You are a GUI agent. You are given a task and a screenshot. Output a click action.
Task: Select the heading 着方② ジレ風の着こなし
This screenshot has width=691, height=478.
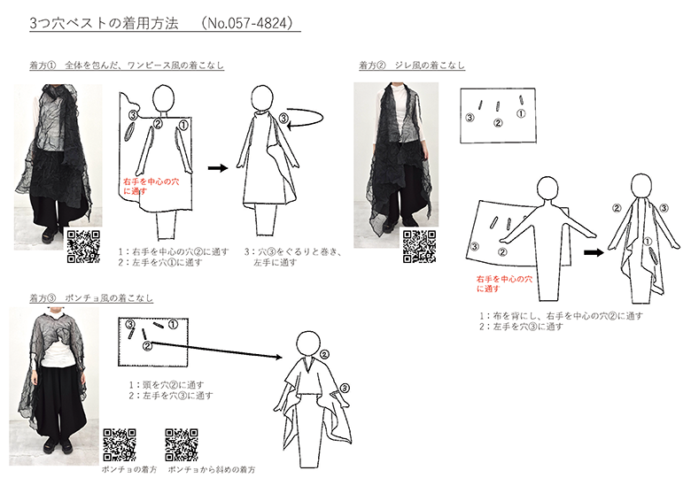pyautogui.click(x=412, y=66)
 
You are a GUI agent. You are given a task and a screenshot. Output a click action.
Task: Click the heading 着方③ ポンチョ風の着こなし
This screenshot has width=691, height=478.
pyautogui.click(x=91, y=298)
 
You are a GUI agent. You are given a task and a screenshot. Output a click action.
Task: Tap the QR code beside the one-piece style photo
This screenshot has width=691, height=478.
pyautogui.click(x=83, y=246)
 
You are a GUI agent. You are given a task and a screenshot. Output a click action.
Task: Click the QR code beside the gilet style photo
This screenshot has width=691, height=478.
pyautogui.click(x=420, y=246)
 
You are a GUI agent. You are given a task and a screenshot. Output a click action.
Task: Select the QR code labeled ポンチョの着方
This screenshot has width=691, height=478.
pyautogui.click(x=120, y=445)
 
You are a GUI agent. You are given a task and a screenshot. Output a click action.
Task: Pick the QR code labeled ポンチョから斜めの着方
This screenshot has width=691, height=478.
pyautogui.click(x=182, y=445)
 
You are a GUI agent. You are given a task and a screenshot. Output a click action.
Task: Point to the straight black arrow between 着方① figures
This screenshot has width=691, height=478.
pyautogui.click(x=218, y=167)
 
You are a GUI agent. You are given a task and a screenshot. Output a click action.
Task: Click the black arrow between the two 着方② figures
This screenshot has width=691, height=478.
pyautogui.click(x=594, y=252)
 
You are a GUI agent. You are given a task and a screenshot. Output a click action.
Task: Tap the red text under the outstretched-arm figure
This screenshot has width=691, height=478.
pyautogui.click(x=504, y=284)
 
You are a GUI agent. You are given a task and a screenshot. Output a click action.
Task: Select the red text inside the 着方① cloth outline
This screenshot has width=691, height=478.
pyautogui.click(x=151, y=186)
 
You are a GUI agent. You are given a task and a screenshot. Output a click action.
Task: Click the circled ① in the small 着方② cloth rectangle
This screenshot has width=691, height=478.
pyautogui.click(x=521, y=113)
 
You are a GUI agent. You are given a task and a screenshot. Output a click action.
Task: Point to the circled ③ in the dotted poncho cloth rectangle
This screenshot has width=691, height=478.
pyautogui.click(x=130, y=324)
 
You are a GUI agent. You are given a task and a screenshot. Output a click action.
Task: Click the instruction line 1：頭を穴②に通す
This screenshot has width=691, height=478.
pyautogui.click(x=167, y=385)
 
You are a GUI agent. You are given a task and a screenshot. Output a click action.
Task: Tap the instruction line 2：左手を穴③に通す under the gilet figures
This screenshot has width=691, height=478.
pyautogui.click(x=521, y=327)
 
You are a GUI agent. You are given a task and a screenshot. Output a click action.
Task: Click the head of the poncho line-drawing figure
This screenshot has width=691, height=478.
pyautogui.click(x=307, y=343)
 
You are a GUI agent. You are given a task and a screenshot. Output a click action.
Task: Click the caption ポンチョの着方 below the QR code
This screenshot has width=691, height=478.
pyautogui.click(x=129, y=470)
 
